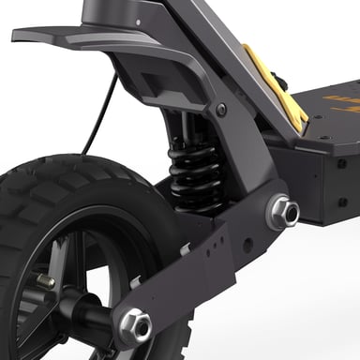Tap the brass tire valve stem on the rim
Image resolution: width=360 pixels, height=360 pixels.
(x=47, y=281)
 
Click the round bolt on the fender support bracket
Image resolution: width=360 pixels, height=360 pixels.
(x=221, y=110)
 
